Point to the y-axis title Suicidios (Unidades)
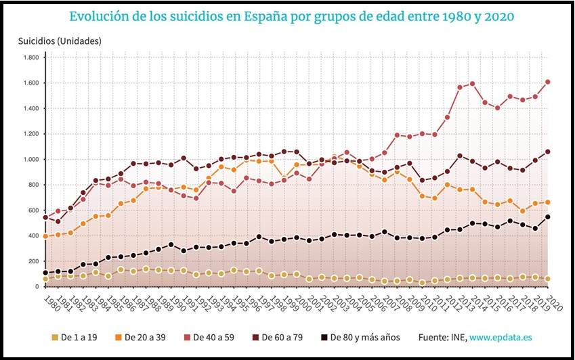click(x=60, y=41)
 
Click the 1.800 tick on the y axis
click(x=29, y=58)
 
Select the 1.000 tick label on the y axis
click(x=29, y=160)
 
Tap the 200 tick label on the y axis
click(x=32, y=261)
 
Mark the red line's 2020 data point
click(x=547, y=83)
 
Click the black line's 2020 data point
click(x=547, y=217)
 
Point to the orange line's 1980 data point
click(x=45, y=236)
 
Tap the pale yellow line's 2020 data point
click(x=547, y=279)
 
